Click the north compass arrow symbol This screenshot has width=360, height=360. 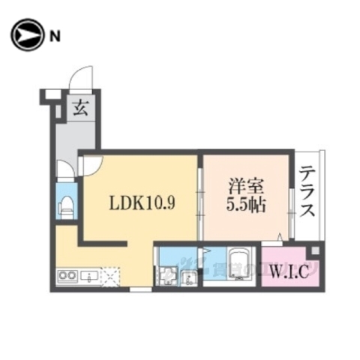(x=27, y=34)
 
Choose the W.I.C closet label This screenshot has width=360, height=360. (x=289, y=270)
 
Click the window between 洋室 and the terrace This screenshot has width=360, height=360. (x=291, y=202)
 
